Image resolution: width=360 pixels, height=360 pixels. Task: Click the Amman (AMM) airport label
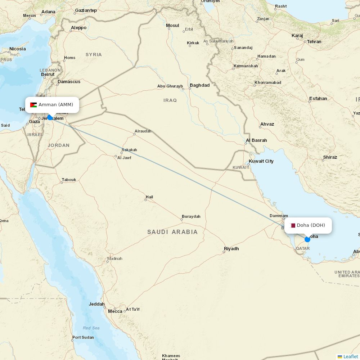point(55,105)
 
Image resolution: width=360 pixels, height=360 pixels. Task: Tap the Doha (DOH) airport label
point(311,225)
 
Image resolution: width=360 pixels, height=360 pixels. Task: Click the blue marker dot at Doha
point(307,239)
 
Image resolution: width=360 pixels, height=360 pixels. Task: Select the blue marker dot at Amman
point(50,117)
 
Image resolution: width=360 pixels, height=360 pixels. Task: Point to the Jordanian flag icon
point(33,105)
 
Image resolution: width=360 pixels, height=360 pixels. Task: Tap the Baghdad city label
point(199,85)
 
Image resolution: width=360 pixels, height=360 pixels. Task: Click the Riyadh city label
point(231,249)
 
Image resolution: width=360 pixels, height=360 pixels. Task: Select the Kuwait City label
point(261,161)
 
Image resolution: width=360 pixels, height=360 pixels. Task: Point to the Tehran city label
point(314,42)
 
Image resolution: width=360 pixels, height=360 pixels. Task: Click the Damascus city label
point(69,82)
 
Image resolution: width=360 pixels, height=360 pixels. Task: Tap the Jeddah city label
point(96,304)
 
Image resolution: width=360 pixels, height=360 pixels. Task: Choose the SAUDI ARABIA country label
point(172,232)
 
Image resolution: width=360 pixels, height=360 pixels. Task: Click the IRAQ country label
point(170,100)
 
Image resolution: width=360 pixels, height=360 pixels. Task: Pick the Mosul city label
point(172,26)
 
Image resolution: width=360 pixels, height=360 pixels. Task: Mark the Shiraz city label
point(330,157)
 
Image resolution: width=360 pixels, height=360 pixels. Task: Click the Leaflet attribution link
point(350,356)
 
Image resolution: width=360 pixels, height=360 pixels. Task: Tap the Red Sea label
point(91,328)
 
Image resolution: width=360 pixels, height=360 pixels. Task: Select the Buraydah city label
point(191,217)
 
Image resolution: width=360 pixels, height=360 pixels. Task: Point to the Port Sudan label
point(83,338)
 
